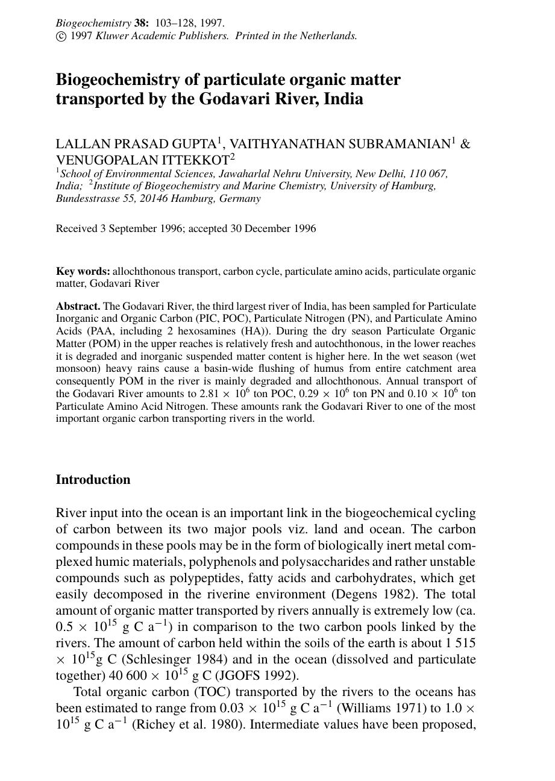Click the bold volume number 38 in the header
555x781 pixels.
[x=140, y=24]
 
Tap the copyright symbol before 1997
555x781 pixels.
[x=61, y=36]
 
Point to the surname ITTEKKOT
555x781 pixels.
[x=199, y=161]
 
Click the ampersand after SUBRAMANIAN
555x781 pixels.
[x=465, y=145]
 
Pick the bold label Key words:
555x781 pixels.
[x=83, y=272]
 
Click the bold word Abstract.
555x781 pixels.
[x=78, y=306]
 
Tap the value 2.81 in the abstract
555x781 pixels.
[x=209, y=394]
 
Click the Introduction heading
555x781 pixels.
[x=93, y=480]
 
